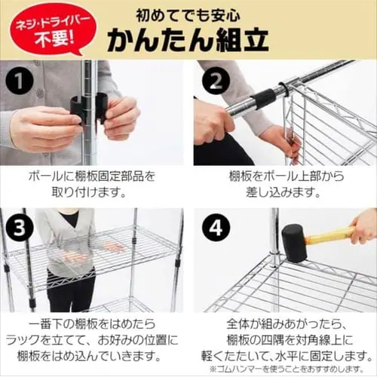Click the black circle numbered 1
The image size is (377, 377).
tap(20, 81)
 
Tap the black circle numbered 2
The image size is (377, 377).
tap(216, 81)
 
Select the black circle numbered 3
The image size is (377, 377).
tap(20, 228)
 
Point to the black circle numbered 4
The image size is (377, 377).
tap(216, 228)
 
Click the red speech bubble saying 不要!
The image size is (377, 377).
tap(52, 29)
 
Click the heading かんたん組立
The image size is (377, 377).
tap(188, 40)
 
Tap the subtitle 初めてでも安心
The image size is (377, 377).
tap(188, 16)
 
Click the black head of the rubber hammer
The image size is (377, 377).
tap(294, 244)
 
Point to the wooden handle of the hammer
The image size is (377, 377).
tap(329, 235)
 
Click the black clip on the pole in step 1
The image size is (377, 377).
tap(90, 109)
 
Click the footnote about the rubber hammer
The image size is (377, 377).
tap(287, 369)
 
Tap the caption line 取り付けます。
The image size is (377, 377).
tap(89, 192)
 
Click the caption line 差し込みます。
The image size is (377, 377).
tap(284, 192)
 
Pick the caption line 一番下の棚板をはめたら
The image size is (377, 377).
tap(92, 324)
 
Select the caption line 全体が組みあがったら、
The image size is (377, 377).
tap(287, 324)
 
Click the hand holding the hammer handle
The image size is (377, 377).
tap(364, 228)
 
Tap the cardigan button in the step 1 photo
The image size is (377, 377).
tap(39, 93)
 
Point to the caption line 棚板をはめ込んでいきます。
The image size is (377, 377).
tap(89, 357)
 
